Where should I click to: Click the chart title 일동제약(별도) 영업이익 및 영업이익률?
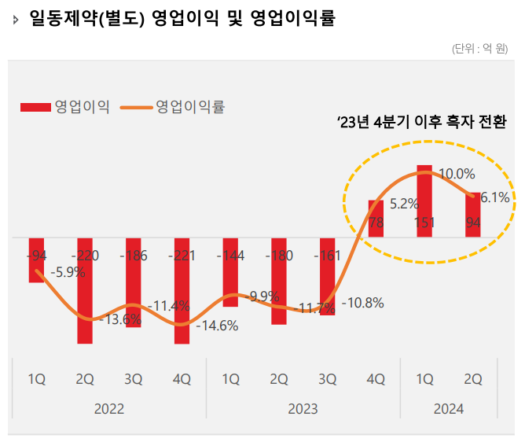tap(182, 18)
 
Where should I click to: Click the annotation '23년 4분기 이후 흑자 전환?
tap(421, 123)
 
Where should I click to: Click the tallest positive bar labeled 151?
tap(424, 201)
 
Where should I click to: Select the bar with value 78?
tap(376, 219)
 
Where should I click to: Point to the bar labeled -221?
tap(182, 291)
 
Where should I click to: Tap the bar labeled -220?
tap(84, 291)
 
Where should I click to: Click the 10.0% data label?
tap(457, 174)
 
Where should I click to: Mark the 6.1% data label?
tap(494, 197)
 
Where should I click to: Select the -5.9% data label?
tap(69, 273)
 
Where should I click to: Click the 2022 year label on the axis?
tap(108, 409)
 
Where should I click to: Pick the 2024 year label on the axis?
tap(448, 409)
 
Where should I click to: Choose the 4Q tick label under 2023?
tap(376, 380)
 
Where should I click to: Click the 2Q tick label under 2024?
tap(473, 380)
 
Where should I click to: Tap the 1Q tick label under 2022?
tap(36, 380)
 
